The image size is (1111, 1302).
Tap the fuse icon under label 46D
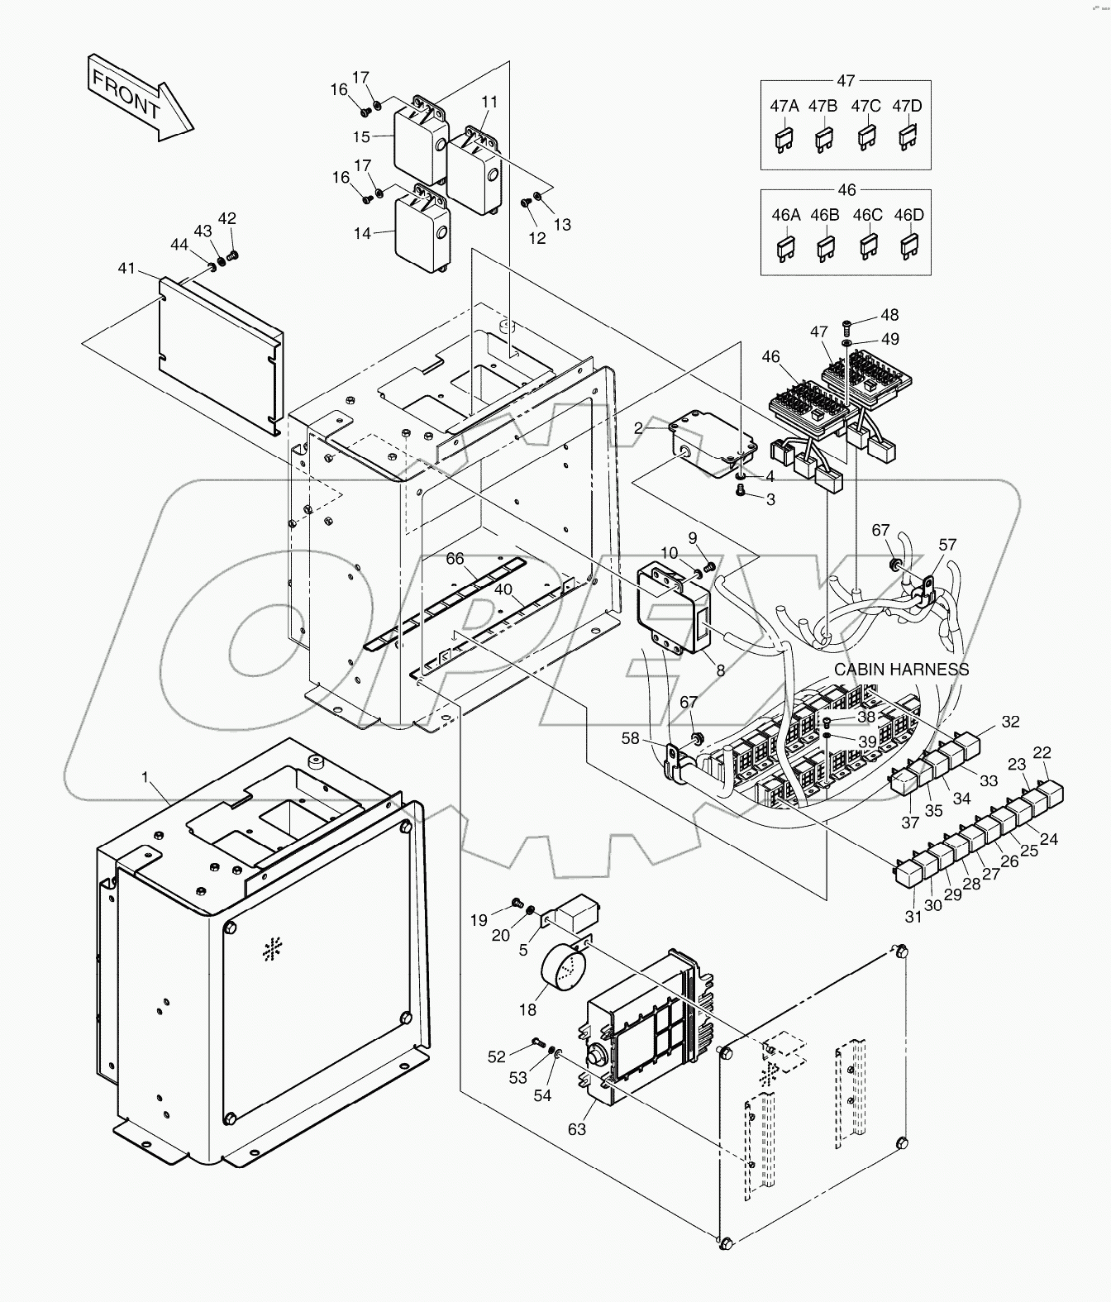point(908,246)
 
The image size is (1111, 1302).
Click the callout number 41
point(126,268)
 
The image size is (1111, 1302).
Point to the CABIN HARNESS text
point(901,670)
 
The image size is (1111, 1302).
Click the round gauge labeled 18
point(562,966)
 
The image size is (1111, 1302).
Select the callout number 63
point(576,1128)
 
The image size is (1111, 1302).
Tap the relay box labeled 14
point(422,231)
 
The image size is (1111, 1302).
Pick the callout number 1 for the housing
point(145,777)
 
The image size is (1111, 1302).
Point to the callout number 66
point(455,559)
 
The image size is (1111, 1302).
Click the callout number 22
point(1042,751)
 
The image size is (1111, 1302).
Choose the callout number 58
point(631,738)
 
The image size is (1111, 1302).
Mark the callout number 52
point(496,1056)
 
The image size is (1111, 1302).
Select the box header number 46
point(846,189)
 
